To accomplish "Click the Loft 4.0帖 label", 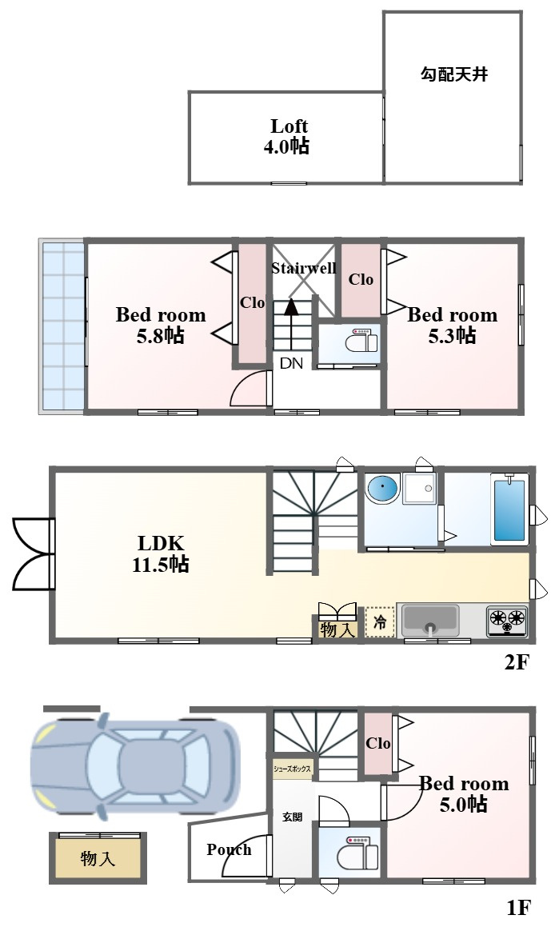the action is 286,136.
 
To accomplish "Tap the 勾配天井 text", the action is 454,74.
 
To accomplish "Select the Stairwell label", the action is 304,269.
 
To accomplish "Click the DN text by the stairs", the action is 291,363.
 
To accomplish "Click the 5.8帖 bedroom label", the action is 161,325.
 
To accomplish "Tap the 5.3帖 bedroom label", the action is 452,325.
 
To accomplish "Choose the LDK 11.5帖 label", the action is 160,553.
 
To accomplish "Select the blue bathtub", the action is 509,509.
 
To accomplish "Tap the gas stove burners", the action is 508,621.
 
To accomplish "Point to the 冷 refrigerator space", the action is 380,621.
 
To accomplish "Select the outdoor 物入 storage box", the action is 98,857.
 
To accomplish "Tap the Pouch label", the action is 229,850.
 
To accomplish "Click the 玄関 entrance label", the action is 292,817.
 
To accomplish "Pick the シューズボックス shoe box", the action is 293,769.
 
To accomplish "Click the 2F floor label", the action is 516,662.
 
